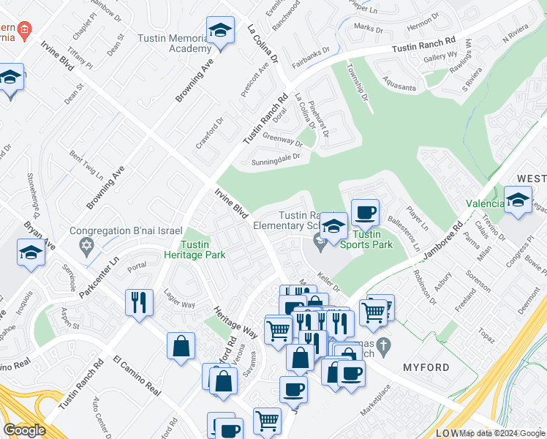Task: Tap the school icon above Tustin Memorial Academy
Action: pyautogui.click(x=220, y=31)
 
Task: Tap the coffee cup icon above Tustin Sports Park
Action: pyautogui.click(x=365, y=213)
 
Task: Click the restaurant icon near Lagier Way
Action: pyautogui.click(x=139, y=301)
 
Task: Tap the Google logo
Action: pyautogui.click(x=24, y=430)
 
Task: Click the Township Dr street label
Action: pyautogui.click(x=360, y=84)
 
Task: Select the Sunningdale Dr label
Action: pyautogui.click(x=276, y=159)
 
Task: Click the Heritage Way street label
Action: pyautogui.click(x=235, y=321)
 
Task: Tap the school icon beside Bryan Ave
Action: pyautogui.click(x=31, y=252)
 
